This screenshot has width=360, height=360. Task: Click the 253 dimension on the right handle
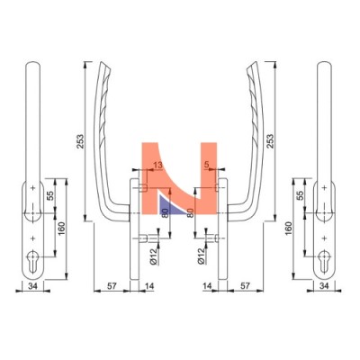pyautogui.click(x=270, y=141)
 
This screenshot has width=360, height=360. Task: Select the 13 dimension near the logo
pyautogui.click(x=157, y=165)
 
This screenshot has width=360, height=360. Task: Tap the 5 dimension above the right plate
pyautogui.click(x=206, y=165)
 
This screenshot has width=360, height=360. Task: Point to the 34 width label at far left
pyautogui.click(x=32, y=286)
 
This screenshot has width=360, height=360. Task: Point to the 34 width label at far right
pyautogui.click(x=324, y=286)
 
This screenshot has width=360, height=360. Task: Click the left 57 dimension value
pyautogui.click(x=112, y=286)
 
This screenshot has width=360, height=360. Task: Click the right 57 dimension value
pyautogui.click(x=245, y=286)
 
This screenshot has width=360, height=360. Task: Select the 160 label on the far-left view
pyautogui.click(x=61, y=229)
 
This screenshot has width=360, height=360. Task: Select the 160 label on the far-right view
pyautogui.click(x=288, y=229)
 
